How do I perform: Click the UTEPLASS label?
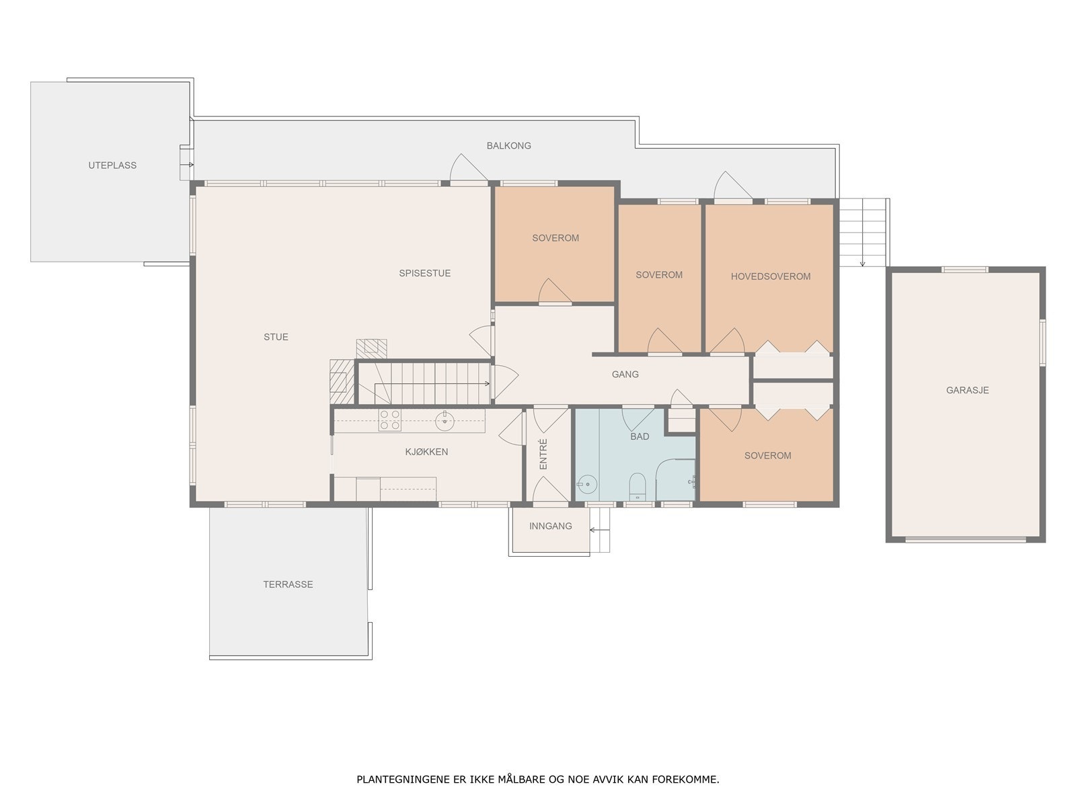(112, 165)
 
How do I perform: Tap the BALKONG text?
(508, 145)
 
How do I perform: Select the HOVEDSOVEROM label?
(770, 276)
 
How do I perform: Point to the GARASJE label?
(966, 390)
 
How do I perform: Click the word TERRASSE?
(288, 584)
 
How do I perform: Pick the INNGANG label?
(550, 526)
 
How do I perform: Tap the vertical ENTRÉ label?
(543, 454)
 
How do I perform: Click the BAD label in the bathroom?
(640, 436)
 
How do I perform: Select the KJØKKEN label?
(426, 452)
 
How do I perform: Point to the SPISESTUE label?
(424, 273)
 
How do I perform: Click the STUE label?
(276, 337)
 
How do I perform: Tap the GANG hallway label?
(625, 375)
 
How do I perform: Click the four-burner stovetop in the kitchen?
(389, 420)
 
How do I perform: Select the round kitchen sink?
(445, 421)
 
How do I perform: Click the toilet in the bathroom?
(638, 486)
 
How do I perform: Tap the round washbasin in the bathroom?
(587, 485)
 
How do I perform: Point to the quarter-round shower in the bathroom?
(675, 479)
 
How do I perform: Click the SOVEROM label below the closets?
(767, 456)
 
